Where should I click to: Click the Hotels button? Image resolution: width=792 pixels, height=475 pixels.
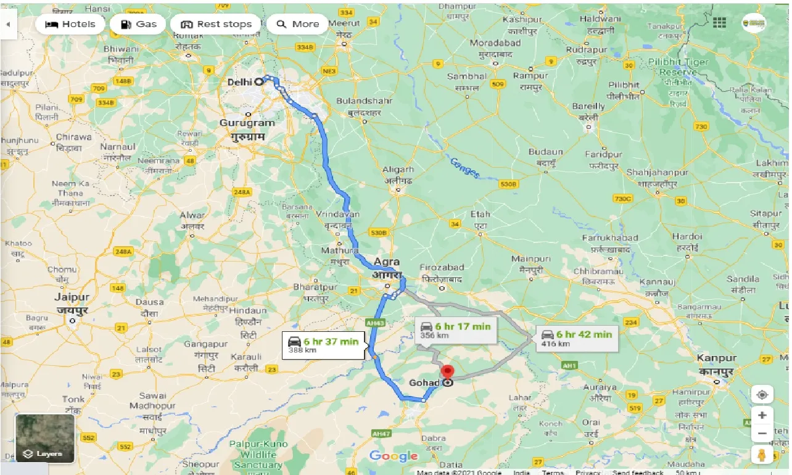(x=70, y=25)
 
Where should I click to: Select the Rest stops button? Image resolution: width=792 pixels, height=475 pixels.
(x=216, y=25)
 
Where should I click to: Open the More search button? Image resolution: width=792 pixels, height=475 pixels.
(x=298, y=25)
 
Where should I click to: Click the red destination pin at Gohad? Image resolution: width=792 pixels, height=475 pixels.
(x=448, y=373)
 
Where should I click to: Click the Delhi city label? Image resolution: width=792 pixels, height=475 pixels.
(x=239, y=81)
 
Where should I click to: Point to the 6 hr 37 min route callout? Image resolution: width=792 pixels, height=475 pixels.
(x=323, y=345)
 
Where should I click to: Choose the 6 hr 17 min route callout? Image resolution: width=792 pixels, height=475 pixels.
(x=456, y=330)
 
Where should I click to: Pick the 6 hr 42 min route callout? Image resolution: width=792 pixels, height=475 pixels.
(x=577, y=338)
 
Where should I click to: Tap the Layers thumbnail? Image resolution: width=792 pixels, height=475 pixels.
(x=45, y=438)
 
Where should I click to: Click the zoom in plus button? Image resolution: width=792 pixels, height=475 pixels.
(x=762, y=415)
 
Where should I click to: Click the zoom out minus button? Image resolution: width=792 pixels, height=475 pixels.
(x=762, y=434)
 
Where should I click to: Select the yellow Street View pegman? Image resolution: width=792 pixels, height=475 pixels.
(x=762, y=455)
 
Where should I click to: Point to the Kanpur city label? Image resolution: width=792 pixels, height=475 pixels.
(x=717, y=358)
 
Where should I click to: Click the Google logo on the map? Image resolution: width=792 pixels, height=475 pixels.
(x=394, y=456)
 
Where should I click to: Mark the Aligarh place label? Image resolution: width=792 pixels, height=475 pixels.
(x=398, y=170)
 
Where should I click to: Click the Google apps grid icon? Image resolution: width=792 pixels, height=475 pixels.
(x=719, y=23)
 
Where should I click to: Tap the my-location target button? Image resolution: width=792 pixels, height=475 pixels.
(x=762, y=394)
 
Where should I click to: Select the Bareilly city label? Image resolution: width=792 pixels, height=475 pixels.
(x=588, y=107)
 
